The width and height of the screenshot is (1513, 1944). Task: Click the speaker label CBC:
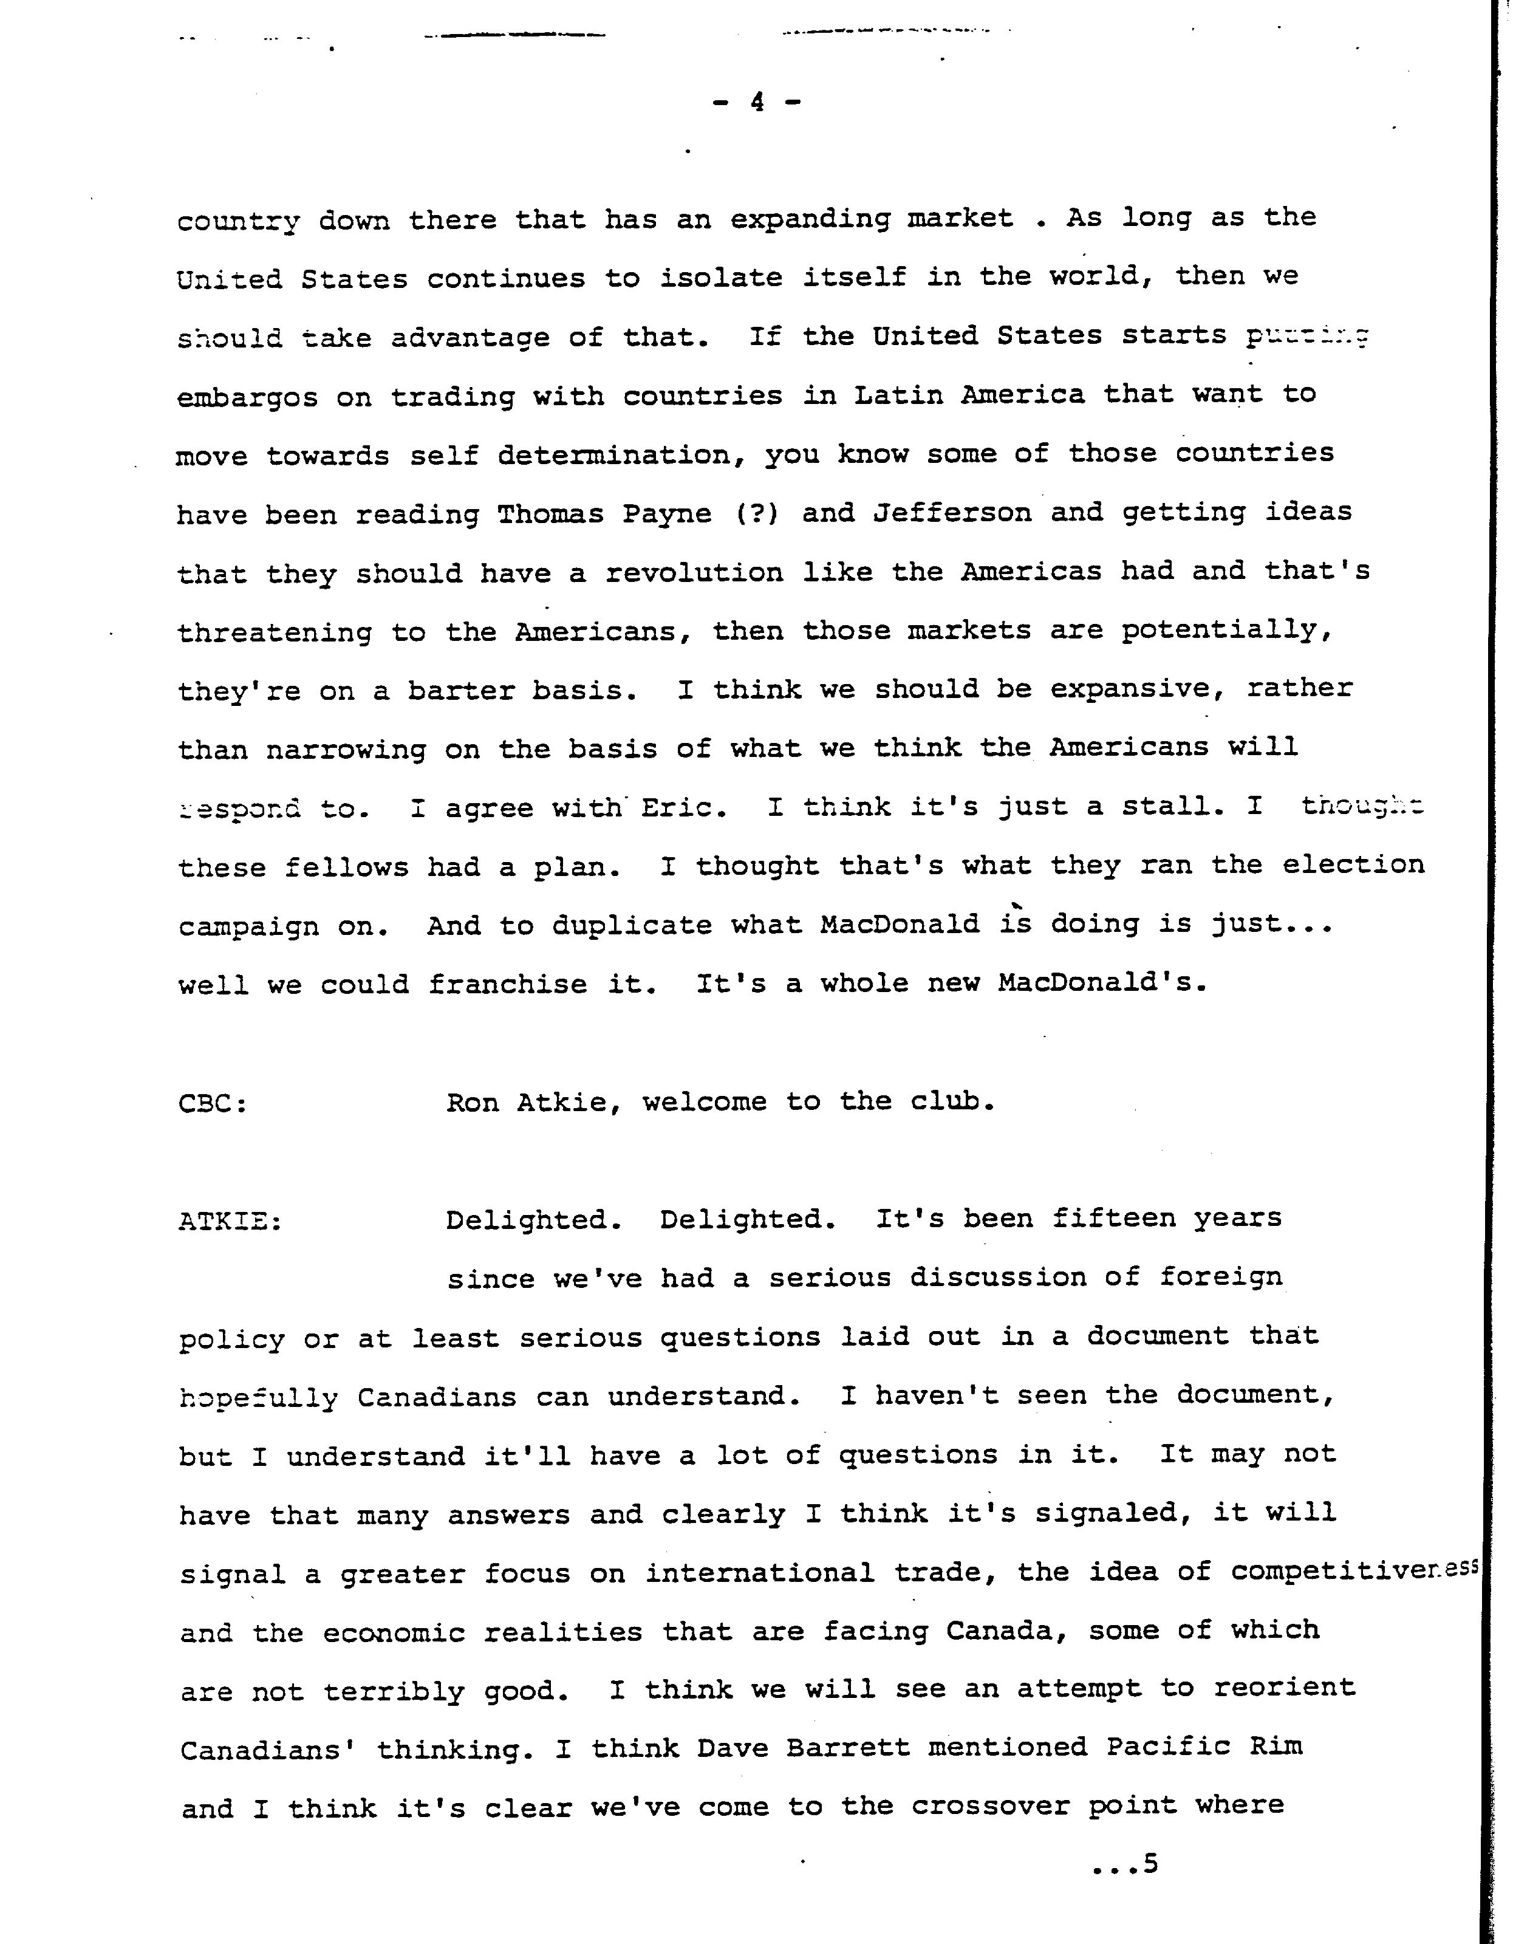[x=213, y=1104]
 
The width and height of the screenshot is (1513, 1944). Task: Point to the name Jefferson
[x=951, y=513]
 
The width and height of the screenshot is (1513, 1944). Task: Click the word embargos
[x=247, y=397]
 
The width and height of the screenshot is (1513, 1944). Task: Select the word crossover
[x=989, y=1806]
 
